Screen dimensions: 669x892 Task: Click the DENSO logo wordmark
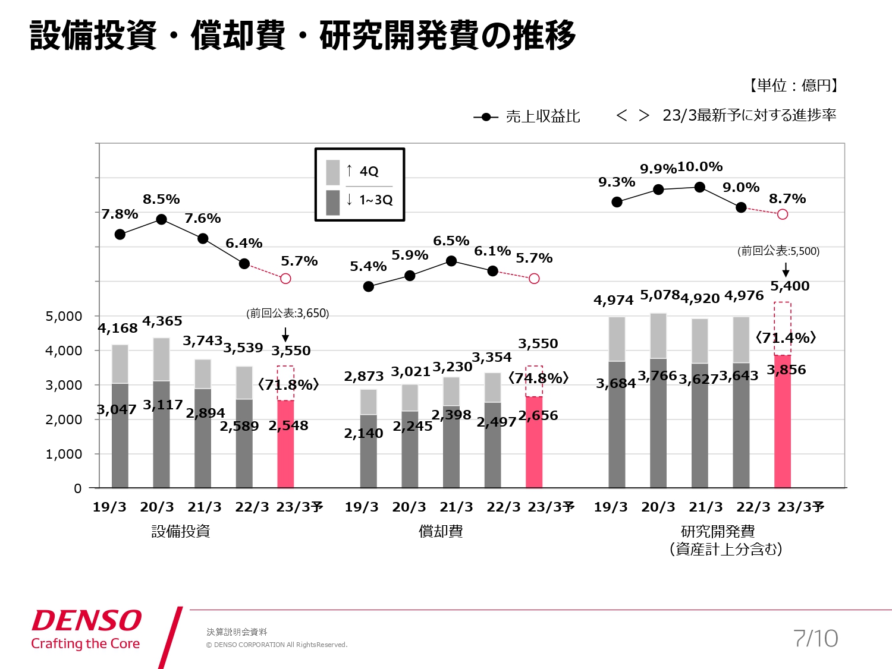[86, 621]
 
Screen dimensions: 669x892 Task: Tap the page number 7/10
[815, 639]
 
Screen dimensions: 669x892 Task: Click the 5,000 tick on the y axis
[64, 317]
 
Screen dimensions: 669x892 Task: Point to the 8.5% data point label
[161, 200]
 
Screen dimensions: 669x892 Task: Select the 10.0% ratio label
[700, 167]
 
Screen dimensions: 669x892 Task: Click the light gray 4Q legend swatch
[333, 172]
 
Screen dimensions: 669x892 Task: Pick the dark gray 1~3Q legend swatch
[333, 202]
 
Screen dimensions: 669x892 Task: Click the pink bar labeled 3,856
[782, 422]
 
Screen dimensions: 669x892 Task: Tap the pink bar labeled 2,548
[285, 444]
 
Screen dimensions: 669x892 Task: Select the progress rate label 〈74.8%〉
[538, 378]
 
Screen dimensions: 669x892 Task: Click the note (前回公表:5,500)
[778, 251]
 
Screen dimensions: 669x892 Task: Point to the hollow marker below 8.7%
[783, 214]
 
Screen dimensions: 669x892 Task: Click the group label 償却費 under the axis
[441, 531]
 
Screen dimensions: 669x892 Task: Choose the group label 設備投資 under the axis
[181, 531]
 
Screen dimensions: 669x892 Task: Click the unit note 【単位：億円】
[793, 86]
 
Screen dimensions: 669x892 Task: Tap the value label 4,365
[162, 321]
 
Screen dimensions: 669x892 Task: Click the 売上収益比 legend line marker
[486, 117]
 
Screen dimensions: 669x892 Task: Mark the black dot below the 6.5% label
[451, 261]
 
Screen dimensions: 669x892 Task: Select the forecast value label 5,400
[790, 286]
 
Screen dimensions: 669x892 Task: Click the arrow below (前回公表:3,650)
[285, 334]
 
